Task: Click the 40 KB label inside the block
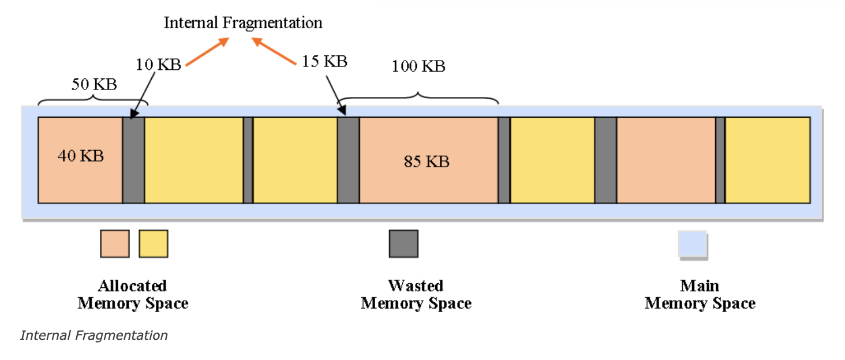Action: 81,155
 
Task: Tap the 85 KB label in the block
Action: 427,162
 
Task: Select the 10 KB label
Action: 158,64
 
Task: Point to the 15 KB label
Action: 324,61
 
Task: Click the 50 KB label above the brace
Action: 94,84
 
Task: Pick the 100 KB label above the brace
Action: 418,66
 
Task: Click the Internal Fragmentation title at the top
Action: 243,23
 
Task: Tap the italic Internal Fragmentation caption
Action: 94,335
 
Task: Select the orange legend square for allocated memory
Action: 115,243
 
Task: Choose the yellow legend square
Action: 154,243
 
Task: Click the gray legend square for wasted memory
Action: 403,243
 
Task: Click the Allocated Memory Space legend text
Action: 133,294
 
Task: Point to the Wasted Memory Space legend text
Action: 416,294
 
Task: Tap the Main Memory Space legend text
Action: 700,294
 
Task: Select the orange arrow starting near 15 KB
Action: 274,51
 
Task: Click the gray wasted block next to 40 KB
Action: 133,160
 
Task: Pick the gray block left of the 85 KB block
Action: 349,160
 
